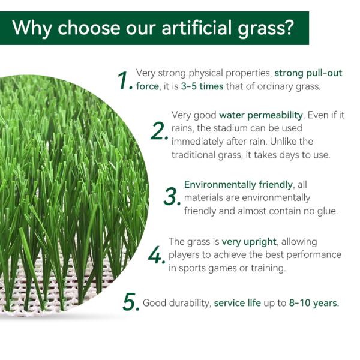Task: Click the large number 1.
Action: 124,80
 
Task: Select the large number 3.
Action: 172,196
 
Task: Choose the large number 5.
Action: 130,302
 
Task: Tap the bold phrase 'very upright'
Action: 249,242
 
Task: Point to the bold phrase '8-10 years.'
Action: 314,303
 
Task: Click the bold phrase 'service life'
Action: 237,303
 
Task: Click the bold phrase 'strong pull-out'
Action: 308,73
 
